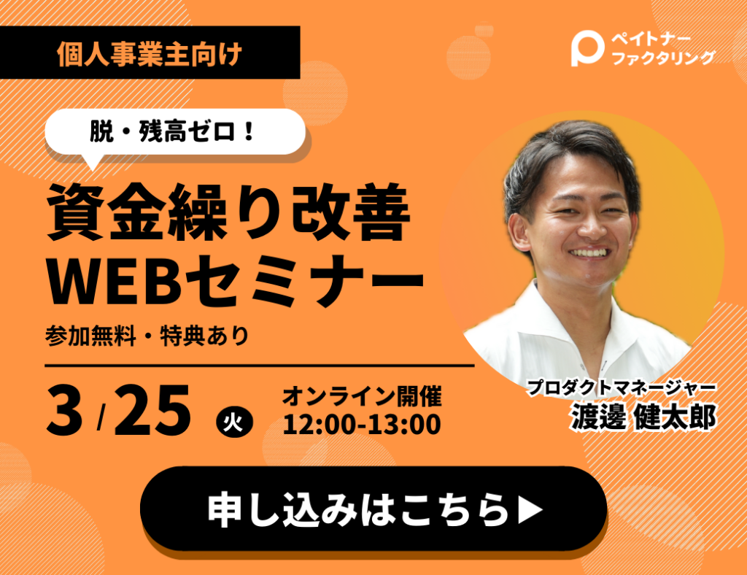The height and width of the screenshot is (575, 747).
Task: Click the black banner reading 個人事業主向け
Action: [x=150, y=53]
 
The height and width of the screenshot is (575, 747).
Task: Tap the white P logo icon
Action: [x=587, y=48]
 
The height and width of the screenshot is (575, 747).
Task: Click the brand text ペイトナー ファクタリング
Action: [x=663, y=49]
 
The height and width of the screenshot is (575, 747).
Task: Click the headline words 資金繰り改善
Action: [x=228, y=211]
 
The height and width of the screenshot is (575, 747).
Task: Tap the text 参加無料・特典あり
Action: [x=147, y=336]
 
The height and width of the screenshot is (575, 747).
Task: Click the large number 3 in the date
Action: [x=64, y=410]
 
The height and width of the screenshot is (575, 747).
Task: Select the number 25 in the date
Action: [x=152, y=410]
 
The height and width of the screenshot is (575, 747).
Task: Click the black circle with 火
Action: [x=234, y=422]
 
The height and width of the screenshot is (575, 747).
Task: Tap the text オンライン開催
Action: [x=362, y=396]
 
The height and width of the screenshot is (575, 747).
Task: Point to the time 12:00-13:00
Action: [x=362, y=425]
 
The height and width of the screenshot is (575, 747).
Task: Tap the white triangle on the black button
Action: [x=530, y=509]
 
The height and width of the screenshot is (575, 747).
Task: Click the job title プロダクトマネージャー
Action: [x=622, y=387]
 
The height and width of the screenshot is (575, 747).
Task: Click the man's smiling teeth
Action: [x=589, y=252]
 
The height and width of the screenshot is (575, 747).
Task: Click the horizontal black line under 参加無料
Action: [x=260, y=366]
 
